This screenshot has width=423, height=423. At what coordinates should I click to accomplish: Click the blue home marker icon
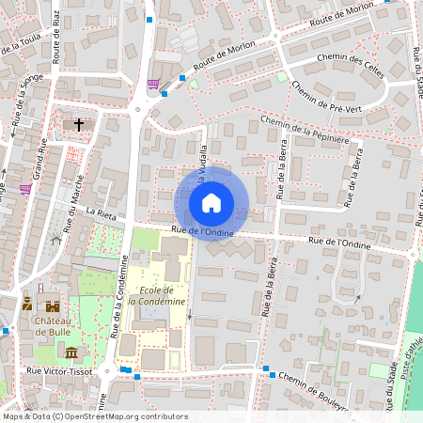pyautogui.click(x=211, y=203)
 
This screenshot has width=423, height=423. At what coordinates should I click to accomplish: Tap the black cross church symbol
pyautogui.click(x=79, y=123)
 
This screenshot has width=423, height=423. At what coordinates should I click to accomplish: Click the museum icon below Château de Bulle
pyautogui.click(x=71, y=352)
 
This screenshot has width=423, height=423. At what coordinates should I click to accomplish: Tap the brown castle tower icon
pyautogui.click(x=53, y=305)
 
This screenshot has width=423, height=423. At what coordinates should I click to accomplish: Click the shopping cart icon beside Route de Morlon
pyautogui.click(x=152, y=84)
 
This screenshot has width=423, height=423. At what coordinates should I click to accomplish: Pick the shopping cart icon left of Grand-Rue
pyautogui.click(x=24, y=187)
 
